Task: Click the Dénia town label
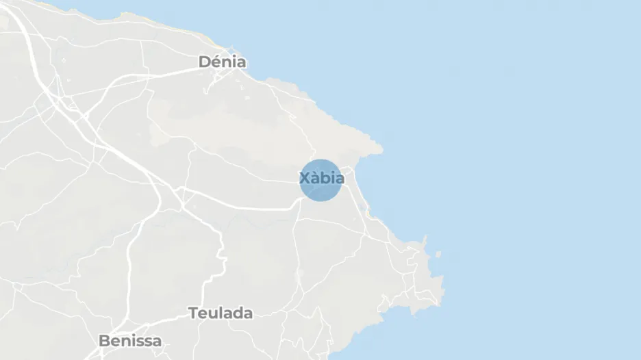click(222, 62)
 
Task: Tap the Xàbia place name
click(322, 179)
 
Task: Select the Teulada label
click(221, 313)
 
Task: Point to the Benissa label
click(130, 340)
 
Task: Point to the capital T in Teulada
click(193, 313)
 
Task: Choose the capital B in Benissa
click(104, 340)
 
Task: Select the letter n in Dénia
click(226, 62)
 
